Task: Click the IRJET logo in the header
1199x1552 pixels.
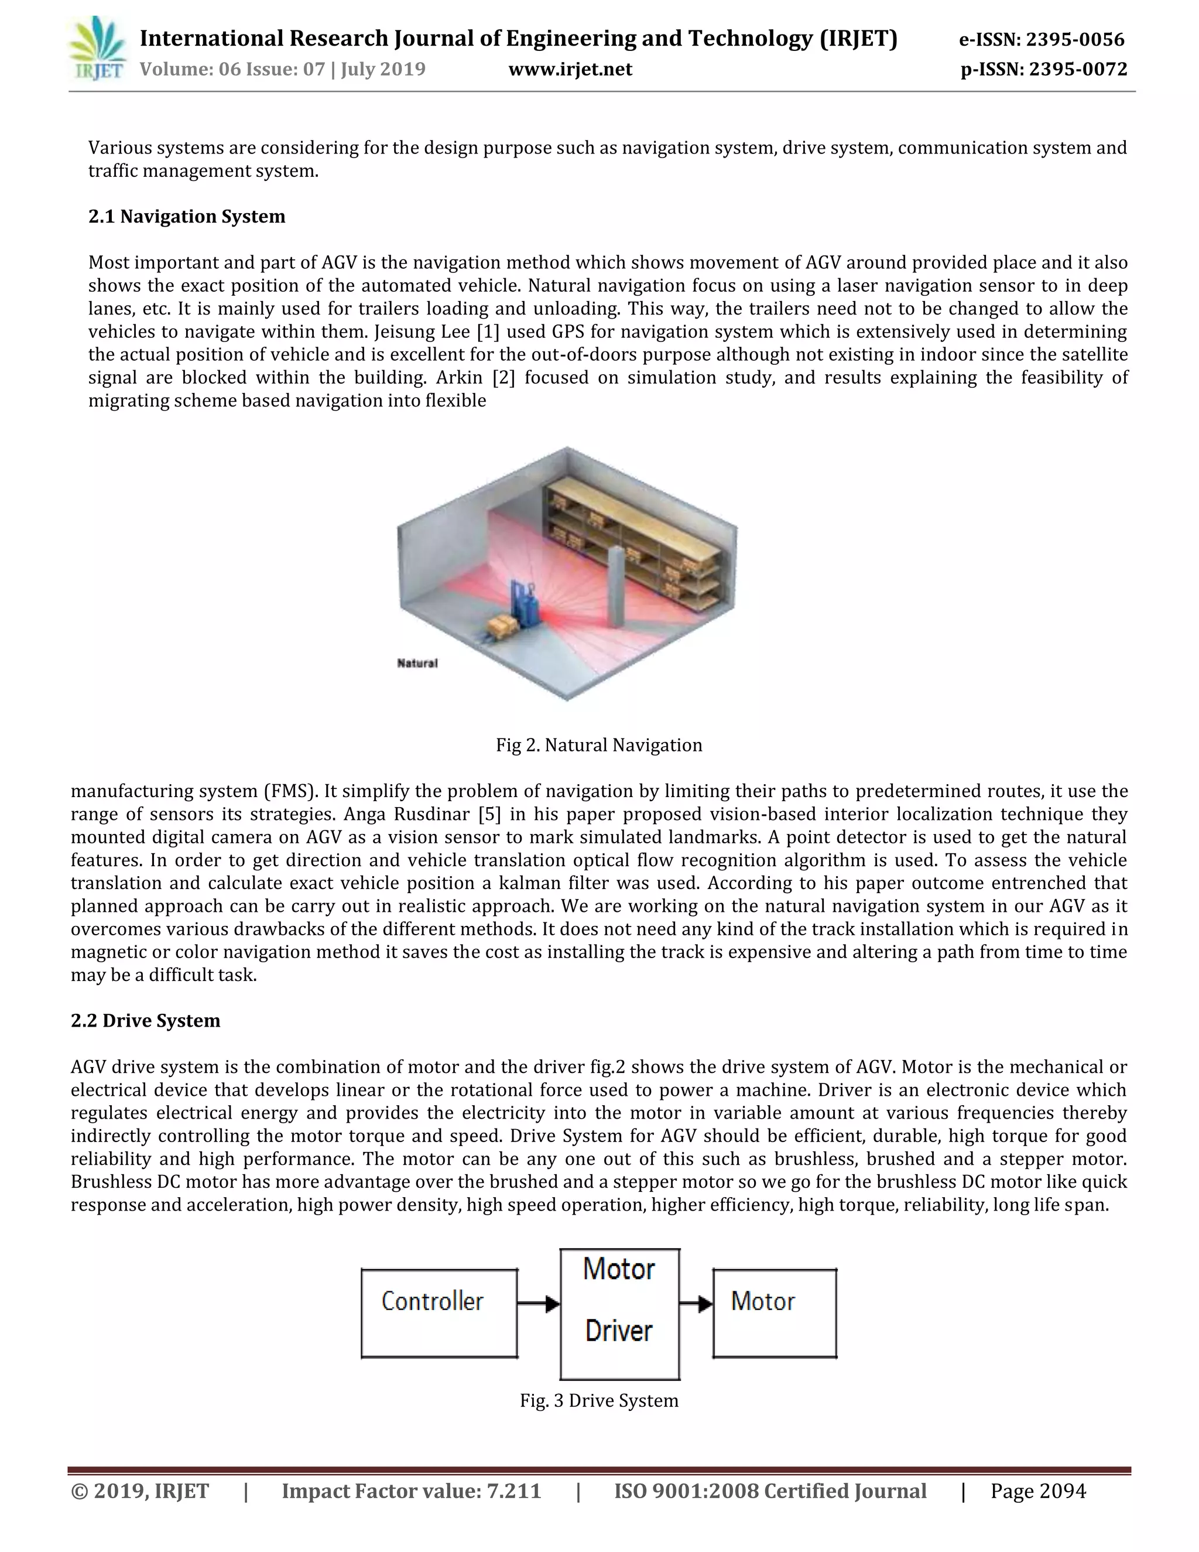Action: [x=97, y=49]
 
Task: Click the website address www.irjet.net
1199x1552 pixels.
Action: [x=570, y=69]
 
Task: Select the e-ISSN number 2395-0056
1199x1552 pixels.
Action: [x=1075, y=39]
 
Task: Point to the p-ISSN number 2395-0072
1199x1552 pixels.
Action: [x=1078, y=69]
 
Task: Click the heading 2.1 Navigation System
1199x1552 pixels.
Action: [x=187, y=216]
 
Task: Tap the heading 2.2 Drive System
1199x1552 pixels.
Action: [x=146, y=1020]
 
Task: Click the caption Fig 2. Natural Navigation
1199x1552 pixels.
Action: [x=599, y=745]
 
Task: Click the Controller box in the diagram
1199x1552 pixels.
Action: [x=439, y=1313]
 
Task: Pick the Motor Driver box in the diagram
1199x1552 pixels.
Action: [x=619, y=1313]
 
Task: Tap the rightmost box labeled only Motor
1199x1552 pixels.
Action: [x=774, y=1313]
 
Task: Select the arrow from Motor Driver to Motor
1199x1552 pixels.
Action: [x=696, y=1303]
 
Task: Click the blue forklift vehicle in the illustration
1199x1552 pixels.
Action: [x=524, y=604]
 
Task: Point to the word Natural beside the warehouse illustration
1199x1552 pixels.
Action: [x=417, y=663]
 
